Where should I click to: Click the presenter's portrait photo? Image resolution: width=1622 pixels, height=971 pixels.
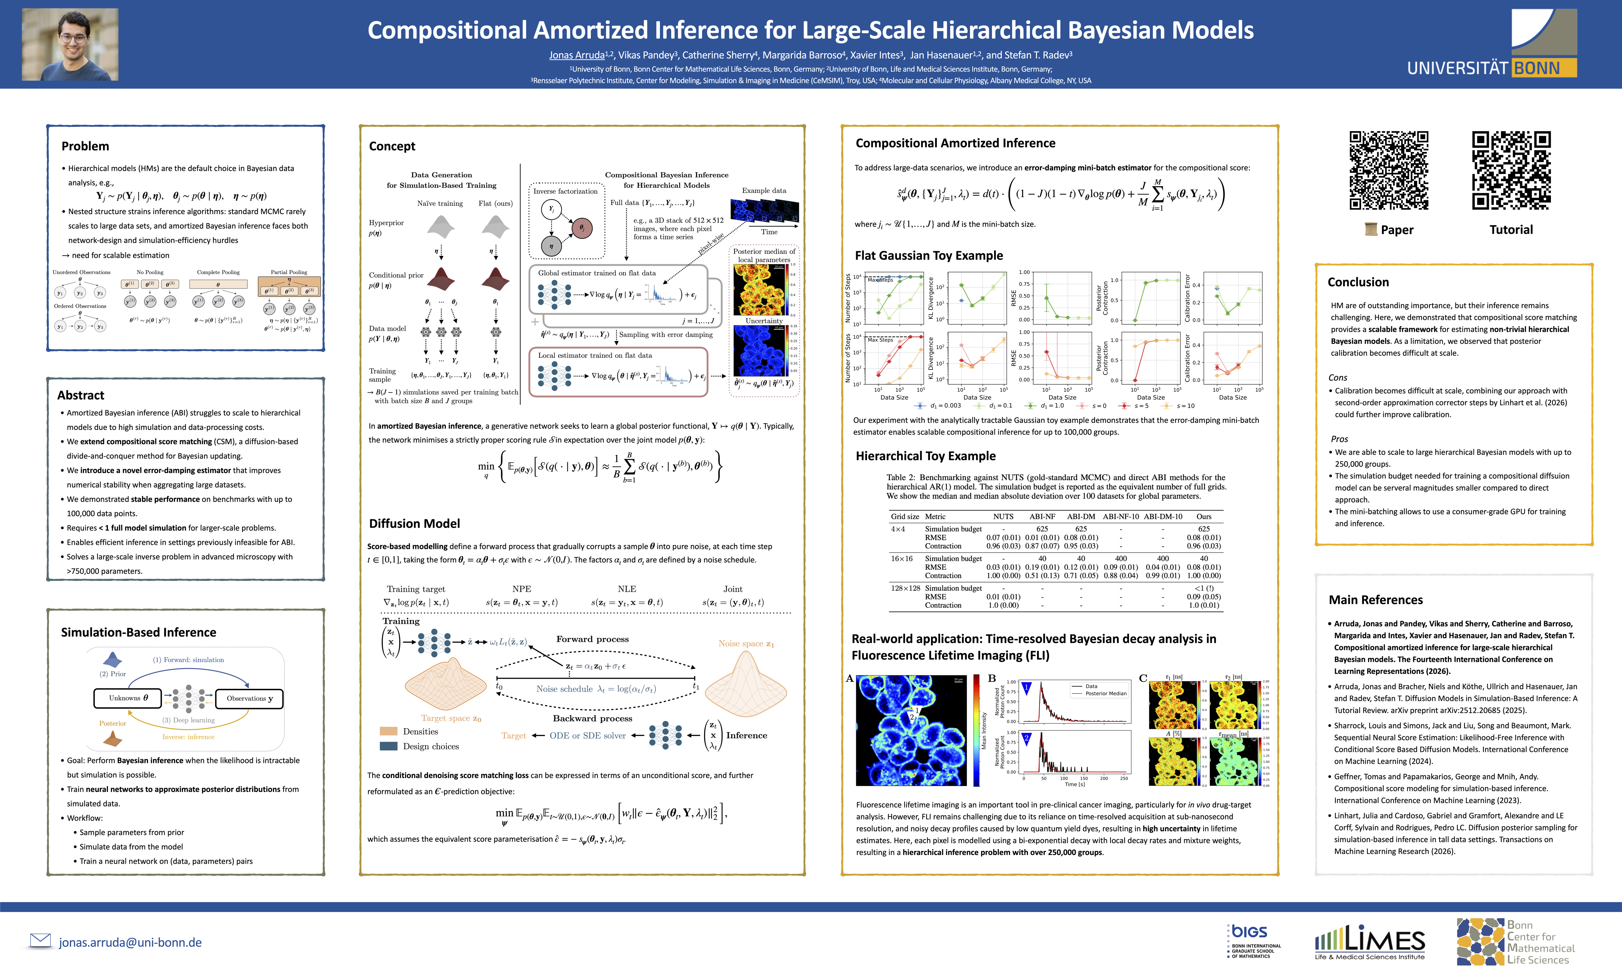70,45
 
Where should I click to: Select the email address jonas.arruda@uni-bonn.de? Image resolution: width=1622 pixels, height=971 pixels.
130,942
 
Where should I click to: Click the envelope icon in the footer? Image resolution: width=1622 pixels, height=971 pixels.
40,940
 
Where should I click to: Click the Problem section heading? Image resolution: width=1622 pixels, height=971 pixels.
85,146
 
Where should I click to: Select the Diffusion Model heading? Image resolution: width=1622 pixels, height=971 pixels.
414,524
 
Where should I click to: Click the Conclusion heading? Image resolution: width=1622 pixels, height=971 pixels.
1358,282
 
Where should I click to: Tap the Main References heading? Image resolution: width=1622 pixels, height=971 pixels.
1375,600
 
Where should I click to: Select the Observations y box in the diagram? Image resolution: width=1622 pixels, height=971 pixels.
249,698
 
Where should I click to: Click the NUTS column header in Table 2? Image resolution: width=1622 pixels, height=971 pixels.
1003,516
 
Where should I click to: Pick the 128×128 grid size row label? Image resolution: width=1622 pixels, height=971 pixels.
905,588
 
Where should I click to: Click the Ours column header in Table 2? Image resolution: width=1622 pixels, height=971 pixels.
1203,516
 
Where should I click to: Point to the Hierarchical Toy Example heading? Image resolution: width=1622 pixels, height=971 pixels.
925,456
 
